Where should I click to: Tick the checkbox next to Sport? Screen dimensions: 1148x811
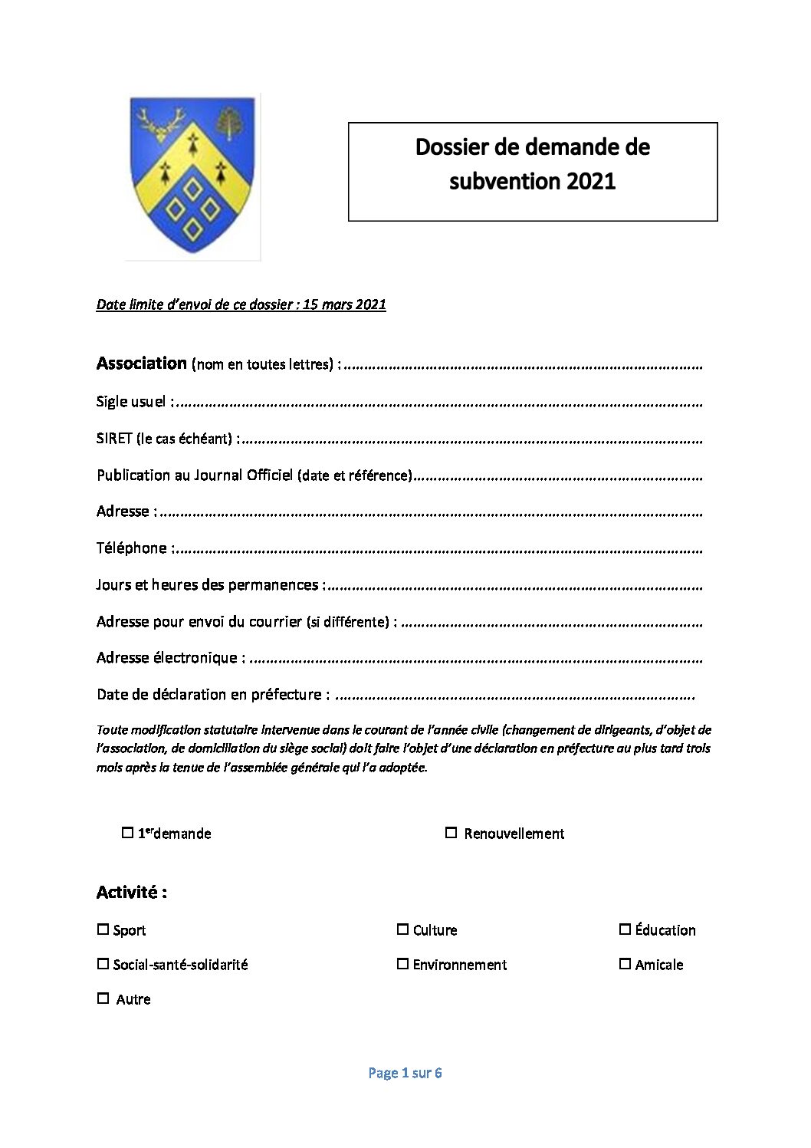pos(103,929)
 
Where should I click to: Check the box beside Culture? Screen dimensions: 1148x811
pos(402,929)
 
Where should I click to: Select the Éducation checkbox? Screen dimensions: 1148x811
pos(625,929)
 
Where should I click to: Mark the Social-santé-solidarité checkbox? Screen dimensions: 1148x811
pos(103,964)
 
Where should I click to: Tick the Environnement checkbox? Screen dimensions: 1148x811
pos(402,964)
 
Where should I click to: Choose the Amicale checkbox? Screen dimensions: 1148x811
pos(625,964)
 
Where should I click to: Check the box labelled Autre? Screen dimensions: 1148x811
pos(103,998)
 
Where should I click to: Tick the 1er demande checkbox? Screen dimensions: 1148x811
pos(128,833)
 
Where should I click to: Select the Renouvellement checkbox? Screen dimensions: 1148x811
pos(451,833)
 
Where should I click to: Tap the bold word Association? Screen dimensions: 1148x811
pos(142,363)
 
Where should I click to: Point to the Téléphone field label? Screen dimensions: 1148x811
pos(131,548)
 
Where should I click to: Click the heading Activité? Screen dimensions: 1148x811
pos(131,892)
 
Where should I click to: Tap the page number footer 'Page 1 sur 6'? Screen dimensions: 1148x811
pos(405,1073)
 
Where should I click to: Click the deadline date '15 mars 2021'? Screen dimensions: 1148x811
pos(344,304)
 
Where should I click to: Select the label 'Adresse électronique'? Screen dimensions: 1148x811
pos(167,657)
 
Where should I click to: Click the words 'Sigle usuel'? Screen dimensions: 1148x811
pos(131,401)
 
